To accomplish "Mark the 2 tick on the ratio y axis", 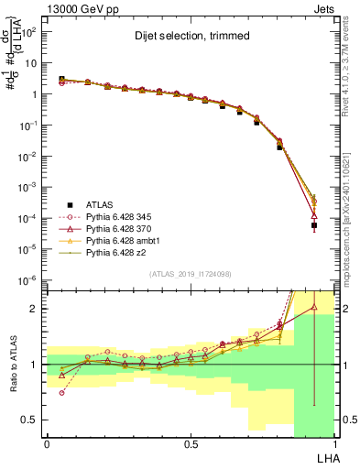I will point(36,309).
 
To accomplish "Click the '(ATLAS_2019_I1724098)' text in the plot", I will point(191,275).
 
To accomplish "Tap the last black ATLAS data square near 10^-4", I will point(313,225).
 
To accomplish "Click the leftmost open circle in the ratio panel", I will point(62,393).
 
